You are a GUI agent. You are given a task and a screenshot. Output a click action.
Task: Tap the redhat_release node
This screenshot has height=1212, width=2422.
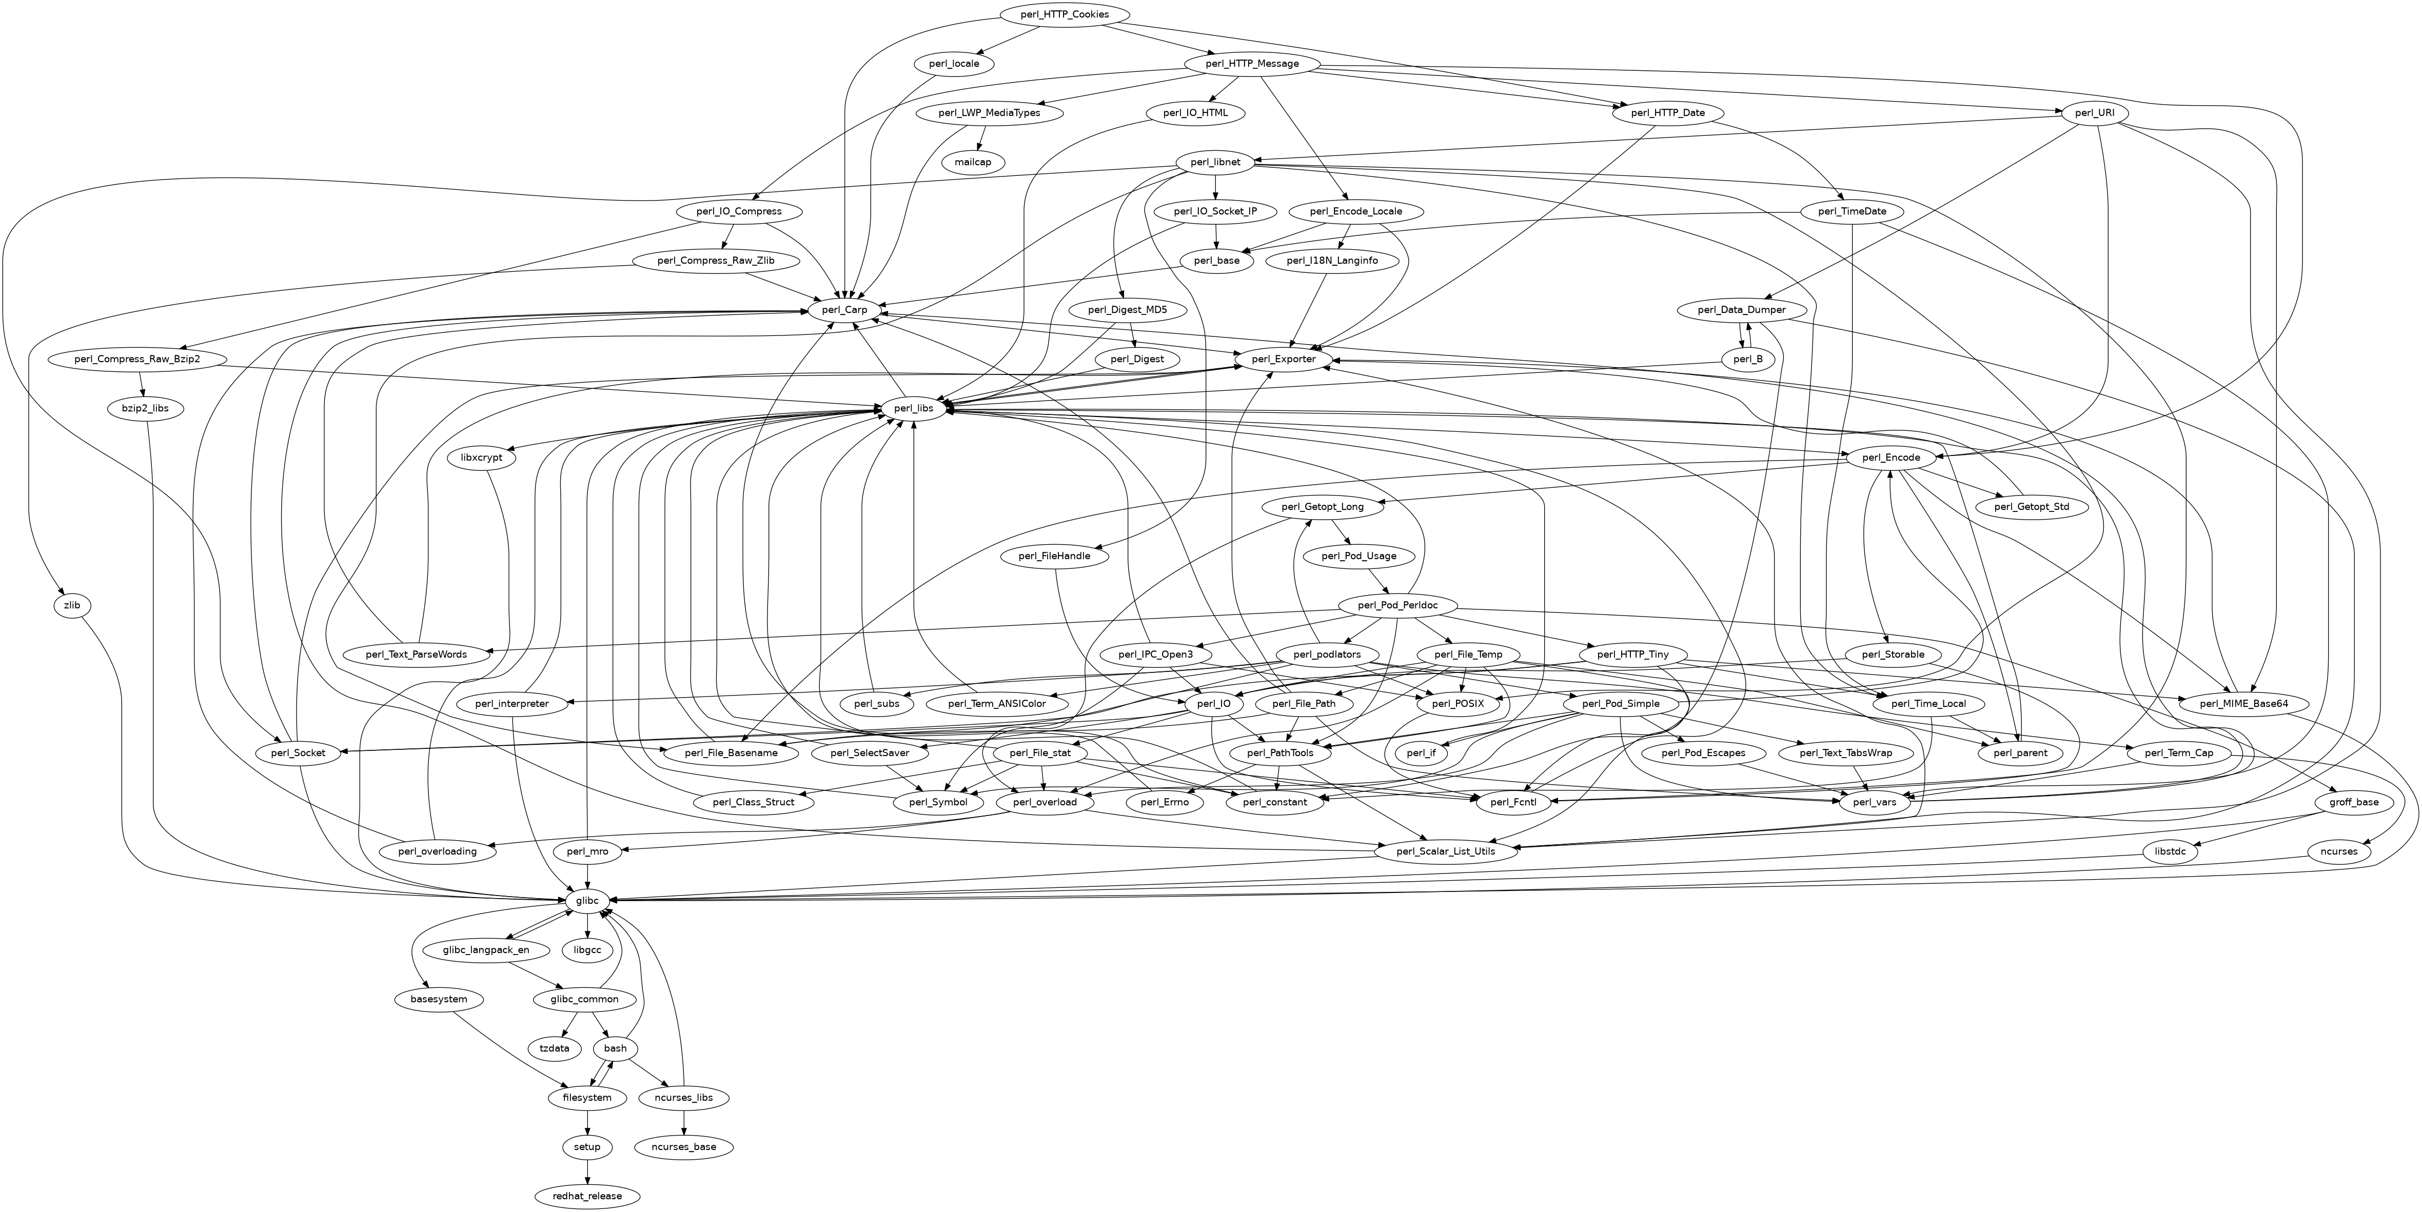click(x=587, y=1196)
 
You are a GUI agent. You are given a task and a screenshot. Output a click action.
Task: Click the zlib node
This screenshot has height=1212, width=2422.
click(x=72, y=606)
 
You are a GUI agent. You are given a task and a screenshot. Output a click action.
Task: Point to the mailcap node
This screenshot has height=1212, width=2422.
click(x=973, y=162)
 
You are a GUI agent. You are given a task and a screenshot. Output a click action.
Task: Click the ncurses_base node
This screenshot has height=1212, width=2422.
click(x=683, y=1147)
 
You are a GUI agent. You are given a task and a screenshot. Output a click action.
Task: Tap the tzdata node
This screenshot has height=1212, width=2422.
click(x=554, y=1048)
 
